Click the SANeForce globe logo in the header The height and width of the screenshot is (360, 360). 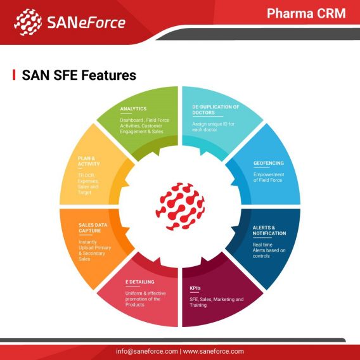[x=28, y=22]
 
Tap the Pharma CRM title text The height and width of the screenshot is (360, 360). [x=306, y=13]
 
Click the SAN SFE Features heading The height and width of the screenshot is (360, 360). [x=79, y=75]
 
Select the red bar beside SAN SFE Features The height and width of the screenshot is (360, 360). [x=14, y=75]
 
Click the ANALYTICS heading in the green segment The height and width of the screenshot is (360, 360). [x=133, y=109]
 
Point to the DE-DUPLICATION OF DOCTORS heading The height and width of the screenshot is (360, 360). [x=215, y=110]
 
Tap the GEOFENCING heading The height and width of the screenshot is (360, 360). [x=269, y=163]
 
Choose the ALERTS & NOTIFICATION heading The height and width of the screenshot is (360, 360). [x=269, y=231]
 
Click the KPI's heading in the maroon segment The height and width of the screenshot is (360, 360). [x=195, y=288]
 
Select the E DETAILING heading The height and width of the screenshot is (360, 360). [x=140, y=282]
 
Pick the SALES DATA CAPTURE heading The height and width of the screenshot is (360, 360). [x=93, y=228]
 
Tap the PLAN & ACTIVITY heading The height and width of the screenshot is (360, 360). [x=89, y=161]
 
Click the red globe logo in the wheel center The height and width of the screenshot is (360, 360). [x=180, y=207]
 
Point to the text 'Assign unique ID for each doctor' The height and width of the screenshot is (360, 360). [x=214, y=127]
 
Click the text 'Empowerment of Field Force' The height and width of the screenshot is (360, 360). [x=269, y=177]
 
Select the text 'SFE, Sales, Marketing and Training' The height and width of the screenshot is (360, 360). [x=217, y=302]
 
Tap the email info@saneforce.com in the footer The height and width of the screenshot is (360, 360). [x=146, y=351]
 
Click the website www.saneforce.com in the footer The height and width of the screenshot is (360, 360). [x=214, y=351]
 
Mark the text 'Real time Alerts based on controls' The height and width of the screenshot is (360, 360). [x=269, y=250]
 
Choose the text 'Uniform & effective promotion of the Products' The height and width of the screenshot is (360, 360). [x=145, y=299]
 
